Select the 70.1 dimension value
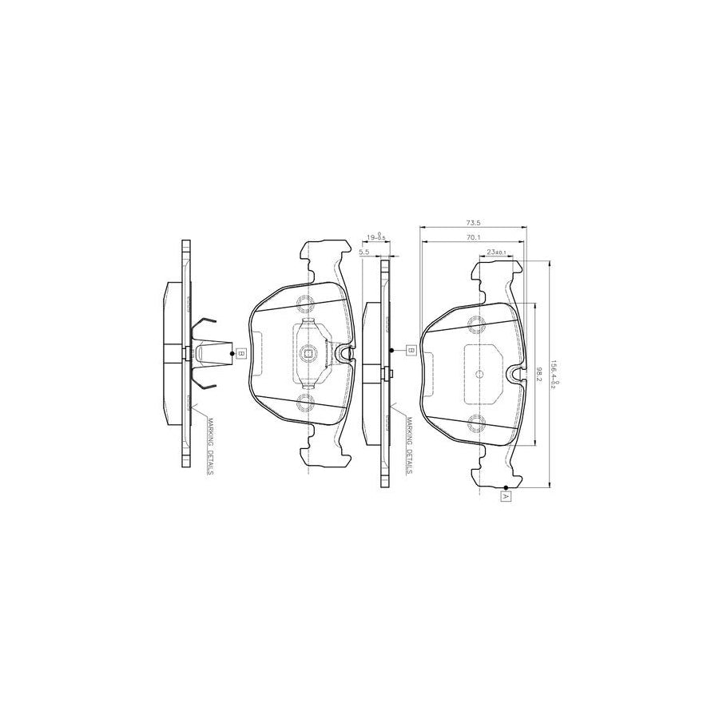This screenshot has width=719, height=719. coord(472,238)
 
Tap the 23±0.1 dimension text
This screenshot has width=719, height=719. coord(496,252)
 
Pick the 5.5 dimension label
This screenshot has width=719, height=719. coord(365,252)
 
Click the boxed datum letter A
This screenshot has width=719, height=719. coord(506,496)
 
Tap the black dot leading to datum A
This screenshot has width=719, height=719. coord(506,487)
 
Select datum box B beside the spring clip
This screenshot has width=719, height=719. coord(240,352)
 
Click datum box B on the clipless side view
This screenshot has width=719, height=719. coord(410,350)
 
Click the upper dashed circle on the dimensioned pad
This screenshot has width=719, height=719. coord(478,324)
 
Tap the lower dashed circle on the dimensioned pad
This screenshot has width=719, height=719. coord(478,423)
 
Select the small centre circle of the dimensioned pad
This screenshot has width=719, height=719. coord(479,373)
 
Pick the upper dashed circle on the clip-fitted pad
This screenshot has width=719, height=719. coord(307,304)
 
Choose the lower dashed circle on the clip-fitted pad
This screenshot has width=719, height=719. coord(307,403)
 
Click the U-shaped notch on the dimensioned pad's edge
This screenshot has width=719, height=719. coord(516,372)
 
